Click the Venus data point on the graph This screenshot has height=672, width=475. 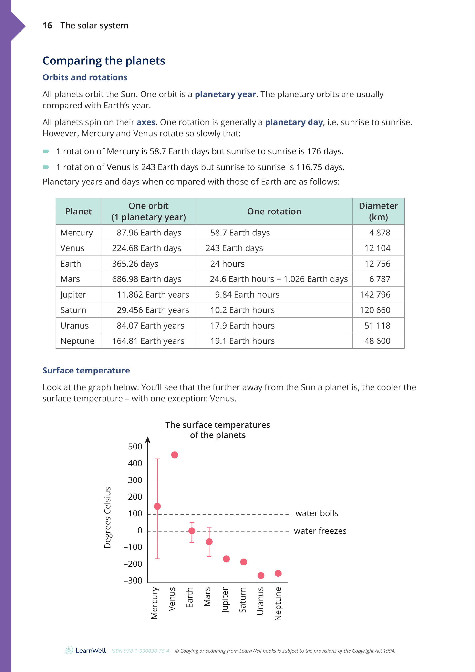pyautogui.click(x=175, y=455)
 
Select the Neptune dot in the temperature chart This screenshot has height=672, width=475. pyautogui.click(x=278, y=573)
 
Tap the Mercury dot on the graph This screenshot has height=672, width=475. pyautogui.click(x=157, y=506)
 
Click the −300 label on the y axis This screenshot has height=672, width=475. pyautogui.click(x=133, y=580)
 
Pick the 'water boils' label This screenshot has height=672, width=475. pyautogui.click(x=317, y=513)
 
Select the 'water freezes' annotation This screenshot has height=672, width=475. pyautogui.click(x=320, y=531)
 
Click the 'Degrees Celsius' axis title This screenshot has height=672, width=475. pyautogui.click(x=108, y=517)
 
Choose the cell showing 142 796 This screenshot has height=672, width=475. pyautogui.click(x=375, y=294)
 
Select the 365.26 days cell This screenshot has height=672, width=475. pyautogui.click(x=135, y=264)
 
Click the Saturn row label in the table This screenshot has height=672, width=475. pyautogui.click(x=73, y=310)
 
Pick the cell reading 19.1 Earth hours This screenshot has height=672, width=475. pyautogui.click(x=242, y=341)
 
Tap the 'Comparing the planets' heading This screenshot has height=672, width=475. pyautogui.click(x=104, y=61)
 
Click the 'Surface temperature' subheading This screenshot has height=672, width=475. pyautogui.click(x=86, y=371)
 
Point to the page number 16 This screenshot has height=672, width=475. pyautogui.click(x=47, y=25)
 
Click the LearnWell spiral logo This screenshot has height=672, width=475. pyautogui.click(x=69, y=650)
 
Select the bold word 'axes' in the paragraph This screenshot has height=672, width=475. pyautogui.click(x=146, y=122)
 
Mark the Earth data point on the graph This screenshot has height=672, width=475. pyautogui.click(x=192, y=531)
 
